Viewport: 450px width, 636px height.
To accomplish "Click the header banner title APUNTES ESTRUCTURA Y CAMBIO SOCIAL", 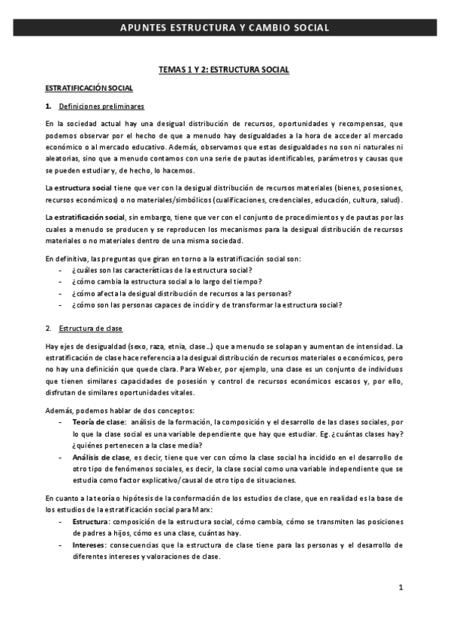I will (x=225, y=28).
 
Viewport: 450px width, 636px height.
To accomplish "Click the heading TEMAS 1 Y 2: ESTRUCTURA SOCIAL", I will (x=224, y=70).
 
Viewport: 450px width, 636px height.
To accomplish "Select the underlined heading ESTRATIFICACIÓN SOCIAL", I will (x=89, y=88).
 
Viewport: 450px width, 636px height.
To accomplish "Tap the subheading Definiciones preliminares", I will (x=101, y=106).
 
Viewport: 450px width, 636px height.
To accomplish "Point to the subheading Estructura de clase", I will (x=90, y=328).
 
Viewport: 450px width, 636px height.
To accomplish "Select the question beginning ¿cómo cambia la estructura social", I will (x=162, y=281).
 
